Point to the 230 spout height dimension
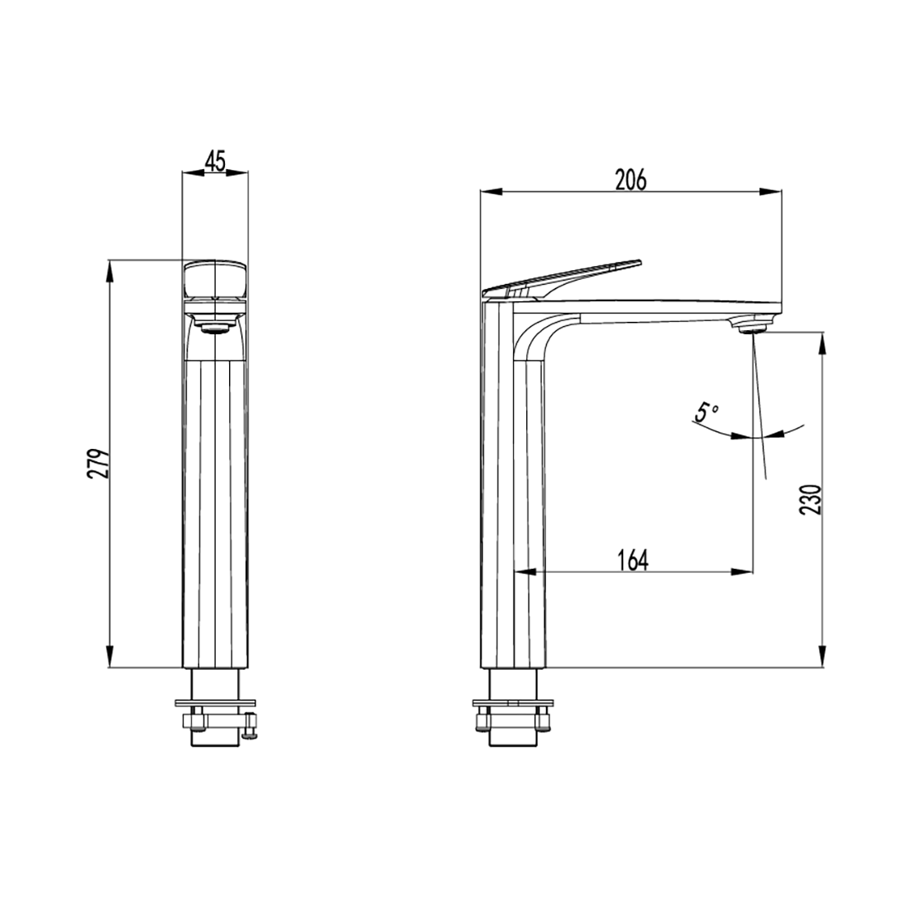click(810, 499)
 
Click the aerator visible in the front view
click(215, 328)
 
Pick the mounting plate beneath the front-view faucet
click(215, 703)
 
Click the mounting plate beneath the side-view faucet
click(513, 703)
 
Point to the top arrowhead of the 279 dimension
click(109, 268)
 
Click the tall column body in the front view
click(215, 509)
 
